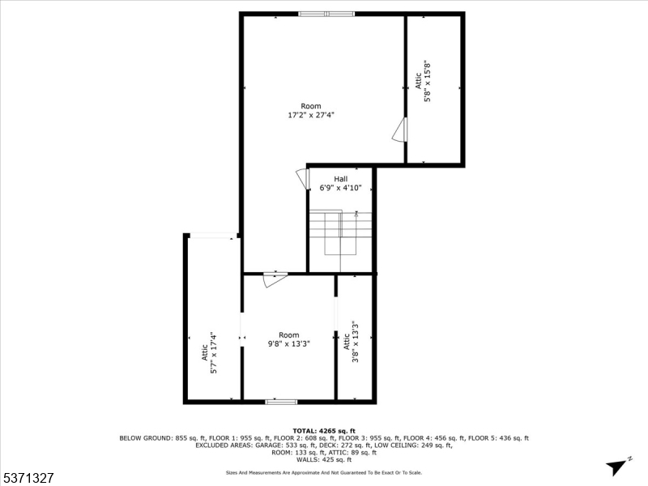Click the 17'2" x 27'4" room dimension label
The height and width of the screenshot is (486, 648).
pos(311,116)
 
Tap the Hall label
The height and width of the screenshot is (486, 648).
pos(340,179)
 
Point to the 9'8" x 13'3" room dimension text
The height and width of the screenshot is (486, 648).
pos(289,343)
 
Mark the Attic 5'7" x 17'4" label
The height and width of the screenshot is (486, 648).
pos(209,352)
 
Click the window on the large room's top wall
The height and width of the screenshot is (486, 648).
pos(326,14)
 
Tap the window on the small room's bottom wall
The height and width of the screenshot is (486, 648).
pos(281,400)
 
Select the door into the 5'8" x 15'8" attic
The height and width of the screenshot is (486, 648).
pos(399,130)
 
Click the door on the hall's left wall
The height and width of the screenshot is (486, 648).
pos(302,179)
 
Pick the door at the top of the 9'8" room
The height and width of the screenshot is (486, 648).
pos(275,279)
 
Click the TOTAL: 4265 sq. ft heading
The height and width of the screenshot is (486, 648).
pos(323,431)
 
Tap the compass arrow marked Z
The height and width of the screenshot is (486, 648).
pos(619,465)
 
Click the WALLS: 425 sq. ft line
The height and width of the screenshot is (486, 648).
pos(323,459)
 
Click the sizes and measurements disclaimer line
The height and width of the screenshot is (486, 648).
pos(323,472)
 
